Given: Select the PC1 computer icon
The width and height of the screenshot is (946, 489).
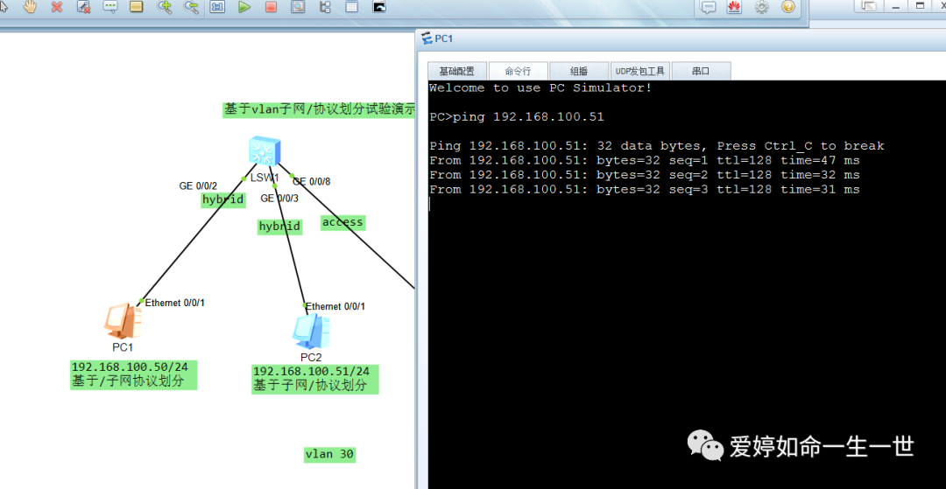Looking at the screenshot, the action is click(x=122, y=321).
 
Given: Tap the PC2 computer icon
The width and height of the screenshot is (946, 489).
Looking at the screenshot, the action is click(x=311, y=331).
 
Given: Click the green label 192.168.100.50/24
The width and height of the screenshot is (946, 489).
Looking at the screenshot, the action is click(x=134, y=367).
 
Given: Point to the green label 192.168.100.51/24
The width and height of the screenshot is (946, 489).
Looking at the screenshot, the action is click(x=311, y=372).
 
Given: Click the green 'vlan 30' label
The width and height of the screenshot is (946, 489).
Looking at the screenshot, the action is click(x=329, y=454).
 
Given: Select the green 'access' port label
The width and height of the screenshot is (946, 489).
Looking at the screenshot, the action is click(x=342, y=222).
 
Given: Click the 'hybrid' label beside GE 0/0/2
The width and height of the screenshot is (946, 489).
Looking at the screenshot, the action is click(x=222, y=199).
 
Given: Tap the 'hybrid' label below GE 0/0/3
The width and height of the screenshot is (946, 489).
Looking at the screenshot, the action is click(x=279, y=227).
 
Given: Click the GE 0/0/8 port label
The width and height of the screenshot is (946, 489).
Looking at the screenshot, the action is click(x=311, y=182).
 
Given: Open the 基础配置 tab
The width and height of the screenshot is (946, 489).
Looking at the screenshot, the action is click(x=456, y=72).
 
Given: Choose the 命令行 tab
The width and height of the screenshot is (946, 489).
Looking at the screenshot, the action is click(x=518, y=72).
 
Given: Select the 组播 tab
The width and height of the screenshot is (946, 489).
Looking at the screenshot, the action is click(x=578, y=72).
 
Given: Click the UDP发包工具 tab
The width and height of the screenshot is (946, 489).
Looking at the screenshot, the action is click(x=639, y=72).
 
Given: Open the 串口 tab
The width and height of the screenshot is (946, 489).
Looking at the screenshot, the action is click(x=700, y=72).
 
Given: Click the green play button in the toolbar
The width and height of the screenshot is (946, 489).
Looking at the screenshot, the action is click(x=244, y=7).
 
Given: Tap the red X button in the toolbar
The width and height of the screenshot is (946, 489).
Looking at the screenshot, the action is click(x=57, y=7).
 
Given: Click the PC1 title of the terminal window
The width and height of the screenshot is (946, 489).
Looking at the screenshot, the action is click(x=443, y=38).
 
